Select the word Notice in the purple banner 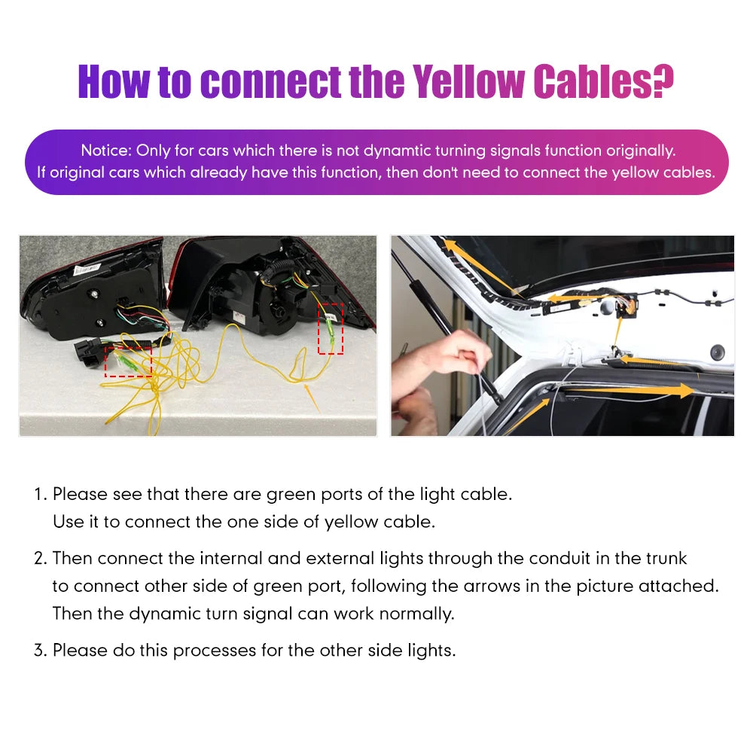(x=105, y=151)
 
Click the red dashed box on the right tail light (x=331, y=328)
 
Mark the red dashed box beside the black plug (x=128, y=362)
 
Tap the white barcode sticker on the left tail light (x=87, y=269)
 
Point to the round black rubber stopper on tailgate (x=717, y=351)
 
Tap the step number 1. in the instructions (x=41, y=494)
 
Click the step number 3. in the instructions (x=41, y=651)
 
